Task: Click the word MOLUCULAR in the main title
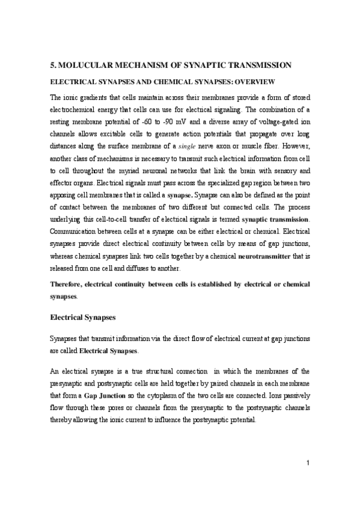coord(88,65)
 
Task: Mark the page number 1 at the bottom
coord(307,479)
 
